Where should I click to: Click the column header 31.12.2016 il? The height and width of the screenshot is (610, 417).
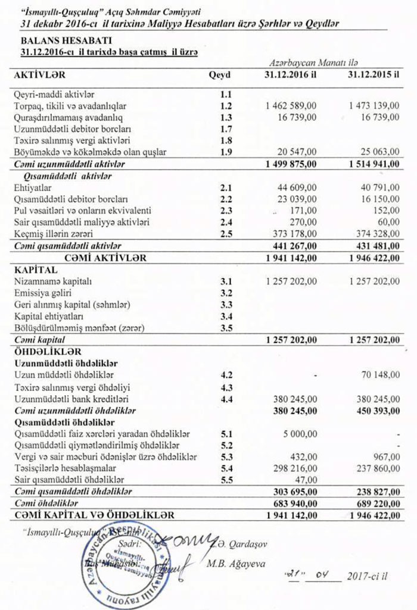pyautogui.click(x=290, y=75)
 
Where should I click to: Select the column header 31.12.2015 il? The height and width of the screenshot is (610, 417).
pyautogui.click(x=373, y=75)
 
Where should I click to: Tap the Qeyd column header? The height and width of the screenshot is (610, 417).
pyautogui.click(x=219, y=75)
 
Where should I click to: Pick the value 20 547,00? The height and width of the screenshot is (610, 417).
pyautogui.click(x=297, y=152)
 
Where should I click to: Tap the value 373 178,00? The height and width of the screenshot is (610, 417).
pyautogui.click(x=294, y=233)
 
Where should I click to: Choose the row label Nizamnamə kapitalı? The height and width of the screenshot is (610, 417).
pyautogui.click(x=53, y=280)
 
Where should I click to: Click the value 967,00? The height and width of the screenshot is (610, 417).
pyautogui.click(x=387, y=456)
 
